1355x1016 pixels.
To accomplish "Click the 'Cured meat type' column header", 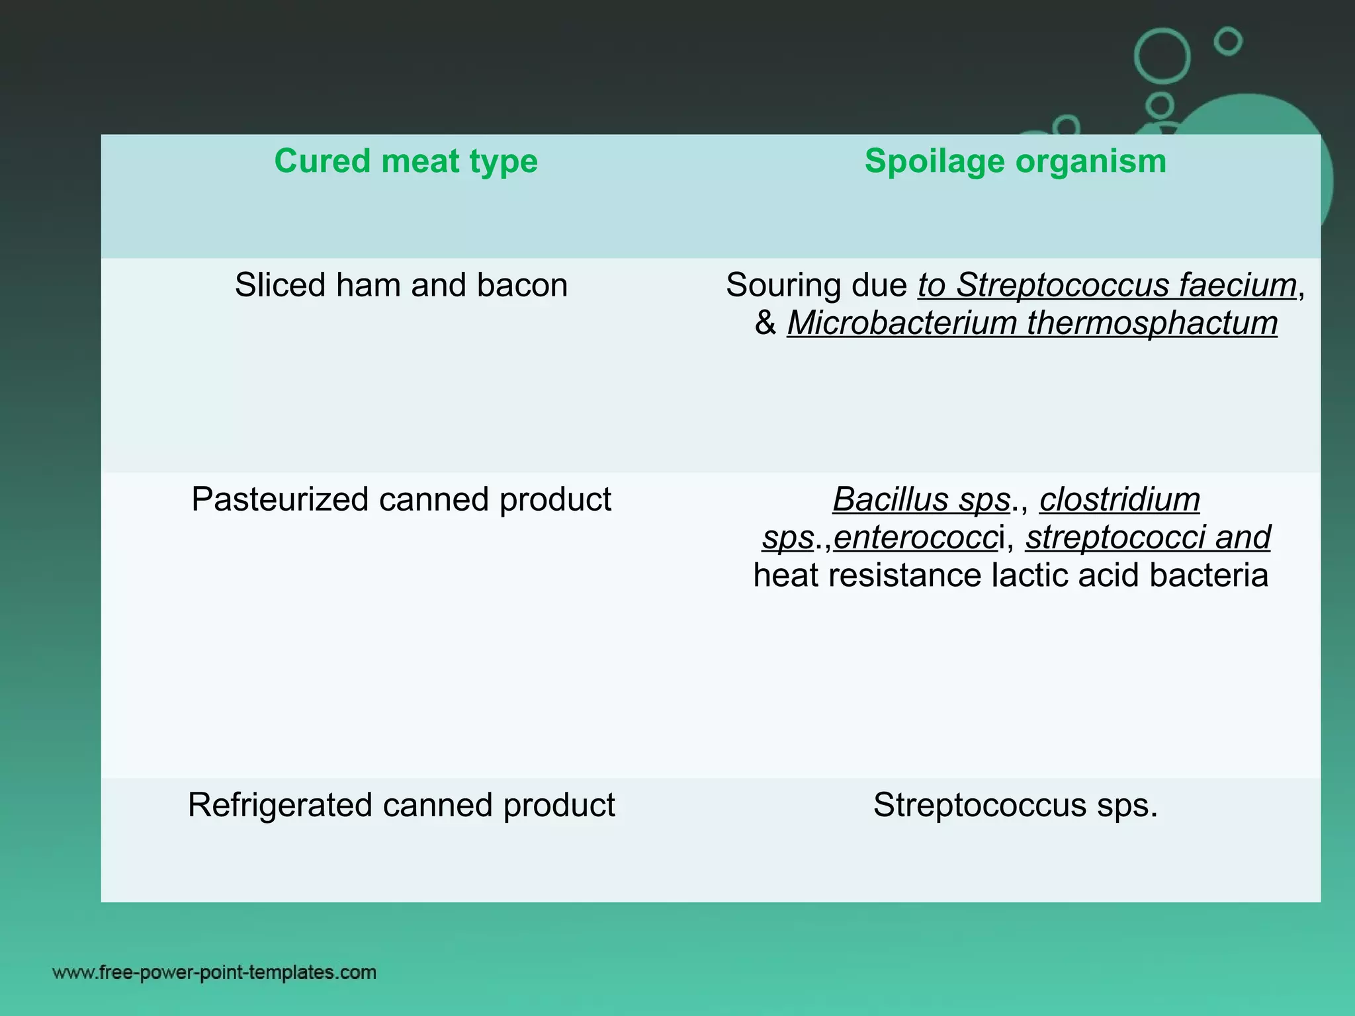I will [x=406, y=161].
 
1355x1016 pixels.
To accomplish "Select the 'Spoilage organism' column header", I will [x=1016, y=161].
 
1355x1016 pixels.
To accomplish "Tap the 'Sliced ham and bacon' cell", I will [x=401, y=286].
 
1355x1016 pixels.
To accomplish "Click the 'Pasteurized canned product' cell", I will [x=401, y=499].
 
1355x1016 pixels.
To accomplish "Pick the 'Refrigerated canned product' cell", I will [x=401, y=805].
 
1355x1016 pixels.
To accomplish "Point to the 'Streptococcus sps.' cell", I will [x=1016, y=805].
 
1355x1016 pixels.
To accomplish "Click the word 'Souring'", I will [x=783, y=286].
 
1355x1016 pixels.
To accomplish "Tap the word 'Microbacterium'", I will [x=901, y=323].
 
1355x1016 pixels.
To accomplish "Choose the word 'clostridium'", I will [x=1119, y=499].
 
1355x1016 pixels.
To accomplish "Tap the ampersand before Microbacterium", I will [x=765, y=323].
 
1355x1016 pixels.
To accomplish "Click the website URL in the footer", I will [x=214, y=972].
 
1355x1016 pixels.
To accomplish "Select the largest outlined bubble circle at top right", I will [x=1162, y=56].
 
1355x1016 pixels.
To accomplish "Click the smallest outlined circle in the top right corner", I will [x=1229, y=42].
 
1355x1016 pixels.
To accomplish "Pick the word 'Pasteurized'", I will [x=280, y=499].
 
